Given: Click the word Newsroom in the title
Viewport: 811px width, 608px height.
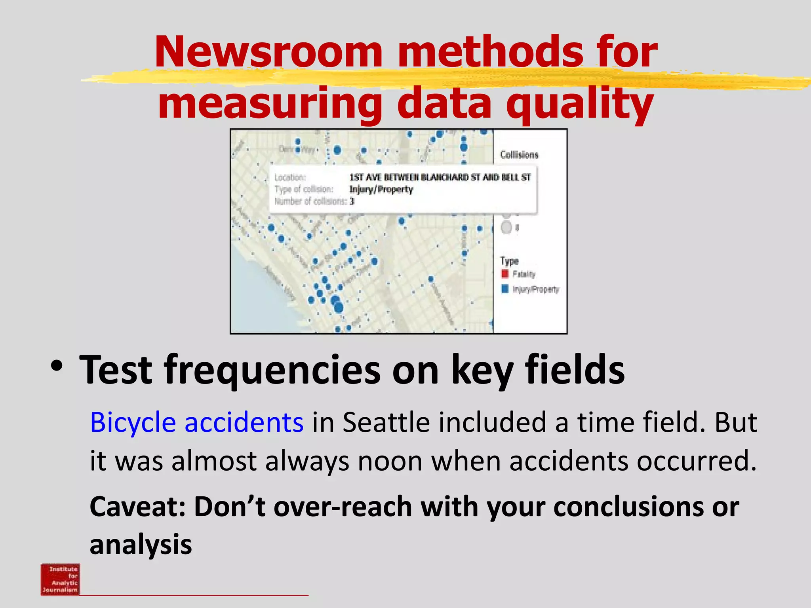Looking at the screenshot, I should pos(268,52).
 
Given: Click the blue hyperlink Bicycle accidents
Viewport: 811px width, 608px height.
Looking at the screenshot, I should pos(197,422).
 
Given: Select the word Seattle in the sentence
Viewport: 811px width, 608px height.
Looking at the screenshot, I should pos(386,422).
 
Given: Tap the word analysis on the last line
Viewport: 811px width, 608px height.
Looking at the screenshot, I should pos(141,545).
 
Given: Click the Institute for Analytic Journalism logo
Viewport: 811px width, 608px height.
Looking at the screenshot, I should pos(60,579).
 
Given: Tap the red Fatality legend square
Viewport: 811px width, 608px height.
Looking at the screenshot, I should pos(504,274).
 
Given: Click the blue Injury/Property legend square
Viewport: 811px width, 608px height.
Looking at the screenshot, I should pos(504,289).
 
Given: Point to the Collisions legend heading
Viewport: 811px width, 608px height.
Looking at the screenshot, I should pos(519,155).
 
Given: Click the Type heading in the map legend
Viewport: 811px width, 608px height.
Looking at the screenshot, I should pos(509,261).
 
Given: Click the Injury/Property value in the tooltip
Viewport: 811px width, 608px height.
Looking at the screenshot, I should pos(381,190).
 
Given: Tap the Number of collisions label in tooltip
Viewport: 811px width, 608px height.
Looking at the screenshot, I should pos(310,201).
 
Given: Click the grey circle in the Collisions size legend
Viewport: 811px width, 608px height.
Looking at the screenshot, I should pos(506,228).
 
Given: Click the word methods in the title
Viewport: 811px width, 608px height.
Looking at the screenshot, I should pos(490,52).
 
